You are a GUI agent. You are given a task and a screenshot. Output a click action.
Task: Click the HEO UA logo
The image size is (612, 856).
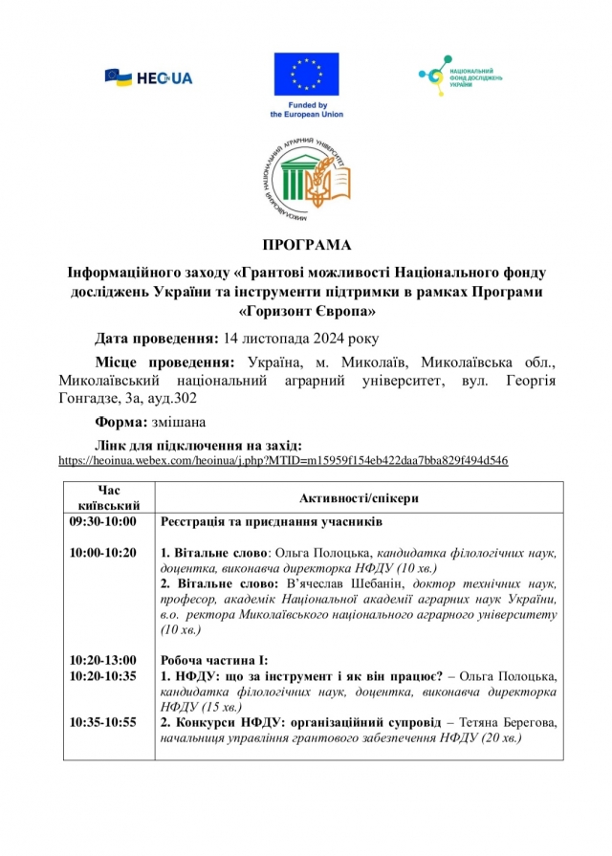pos(148,77)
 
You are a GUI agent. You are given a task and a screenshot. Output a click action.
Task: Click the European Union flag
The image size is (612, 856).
pos(306,75)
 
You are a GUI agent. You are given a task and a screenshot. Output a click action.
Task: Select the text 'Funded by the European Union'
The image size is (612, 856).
pos(306,109)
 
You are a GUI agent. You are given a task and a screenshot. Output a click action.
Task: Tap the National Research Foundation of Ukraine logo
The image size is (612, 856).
pos(462,75)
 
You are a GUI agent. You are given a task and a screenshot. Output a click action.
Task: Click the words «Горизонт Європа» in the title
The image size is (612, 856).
pos(306,310)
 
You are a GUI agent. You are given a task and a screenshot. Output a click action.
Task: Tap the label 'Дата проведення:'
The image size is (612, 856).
pos(156,339)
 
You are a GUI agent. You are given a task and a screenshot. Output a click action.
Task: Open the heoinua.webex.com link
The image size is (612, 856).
pos(282,460)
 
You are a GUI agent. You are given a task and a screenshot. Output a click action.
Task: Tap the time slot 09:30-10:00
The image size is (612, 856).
pos(103,522)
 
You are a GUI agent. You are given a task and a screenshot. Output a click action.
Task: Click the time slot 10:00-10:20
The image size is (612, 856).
pos(103,553)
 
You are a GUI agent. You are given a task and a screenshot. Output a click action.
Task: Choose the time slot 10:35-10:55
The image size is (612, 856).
pos(103,722)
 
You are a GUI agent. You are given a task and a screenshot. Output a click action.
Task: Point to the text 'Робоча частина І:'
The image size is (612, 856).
pos(214,660)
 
